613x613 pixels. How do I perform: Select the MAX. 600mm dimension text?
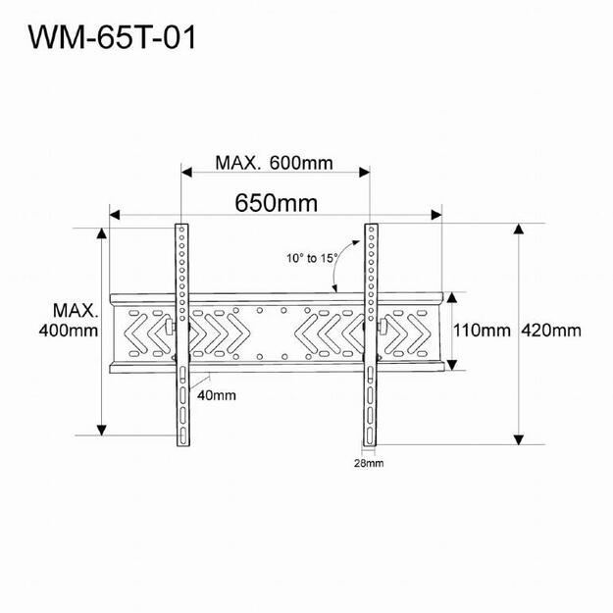pos(274,162)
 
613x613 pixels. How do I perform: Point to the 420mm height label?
pos(554,331)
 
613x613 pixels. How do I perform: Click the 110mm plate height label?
pos(484,331)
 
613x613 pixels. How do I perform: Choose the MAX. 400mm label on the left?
pos(75,321)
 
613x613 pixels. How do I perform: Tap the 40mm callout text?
pos(215,395)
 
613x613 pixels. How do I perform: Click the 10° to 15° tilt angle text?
pos(312,258)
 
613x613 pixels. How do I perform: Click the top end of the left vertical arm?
pos(181,229)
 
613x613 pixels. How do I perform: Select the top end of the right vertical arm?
pos(371,229)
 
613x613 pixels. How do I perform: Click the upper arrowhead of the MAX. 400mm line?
pos(101,232)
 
